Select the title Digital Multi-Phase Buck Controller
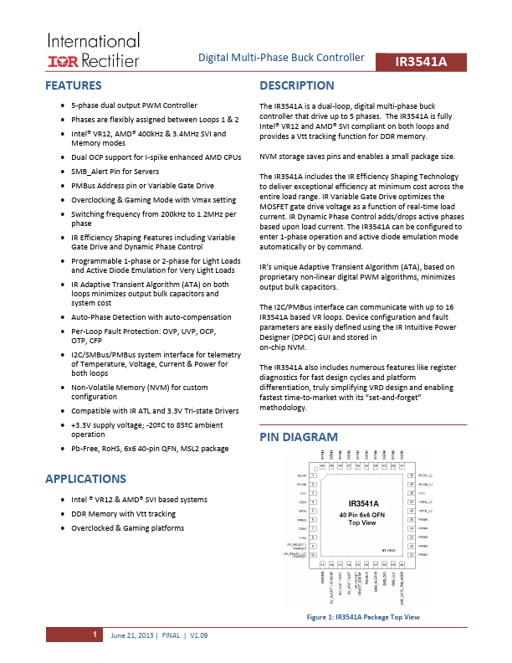[x=281, y=58]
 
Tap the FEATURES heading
[x=74, y=85]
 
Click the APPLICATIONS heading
[x=85, y=479]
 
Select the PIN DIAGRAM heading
[x=299, y=437]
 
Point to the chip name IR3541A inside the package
[x=363, y=503]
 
